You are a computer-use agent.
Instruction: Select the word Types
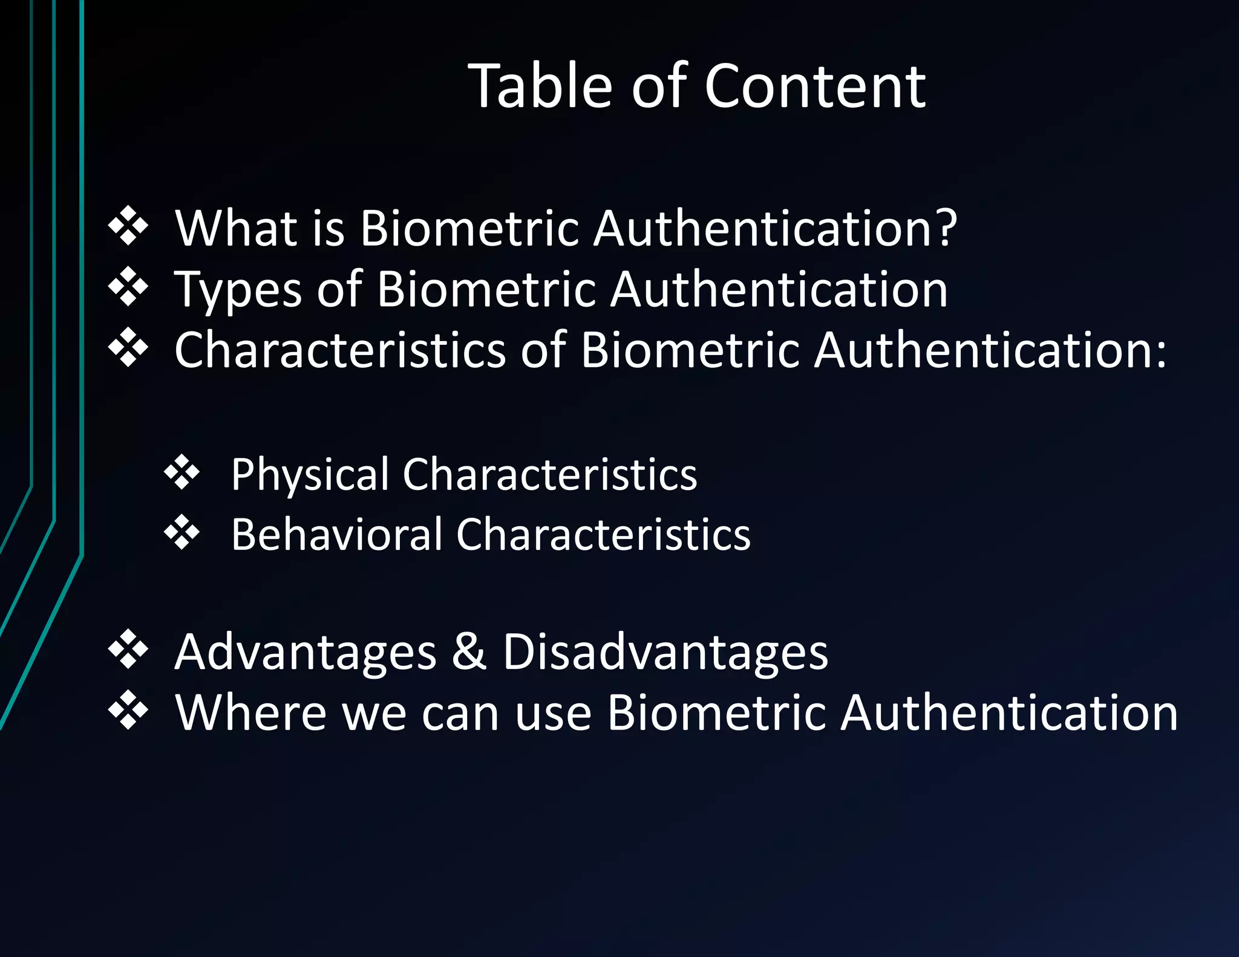click(x=238, y=290)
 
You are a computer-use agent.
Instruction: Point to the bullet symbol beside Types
click(x=128, y=287)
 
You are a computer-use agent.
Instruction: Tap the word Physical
click(x=310, y=474)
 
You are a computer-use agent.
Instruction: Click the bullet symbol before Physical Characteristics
click(x=182, y=472)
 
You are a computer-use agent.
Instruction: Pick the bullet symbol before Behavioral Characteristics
click(x=182, y=532)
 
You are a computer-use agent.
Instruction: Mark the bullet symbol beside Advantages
click(x=128, y=649)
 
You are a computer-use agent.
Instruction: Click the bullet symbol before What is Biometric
click(x=128, y=226)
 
